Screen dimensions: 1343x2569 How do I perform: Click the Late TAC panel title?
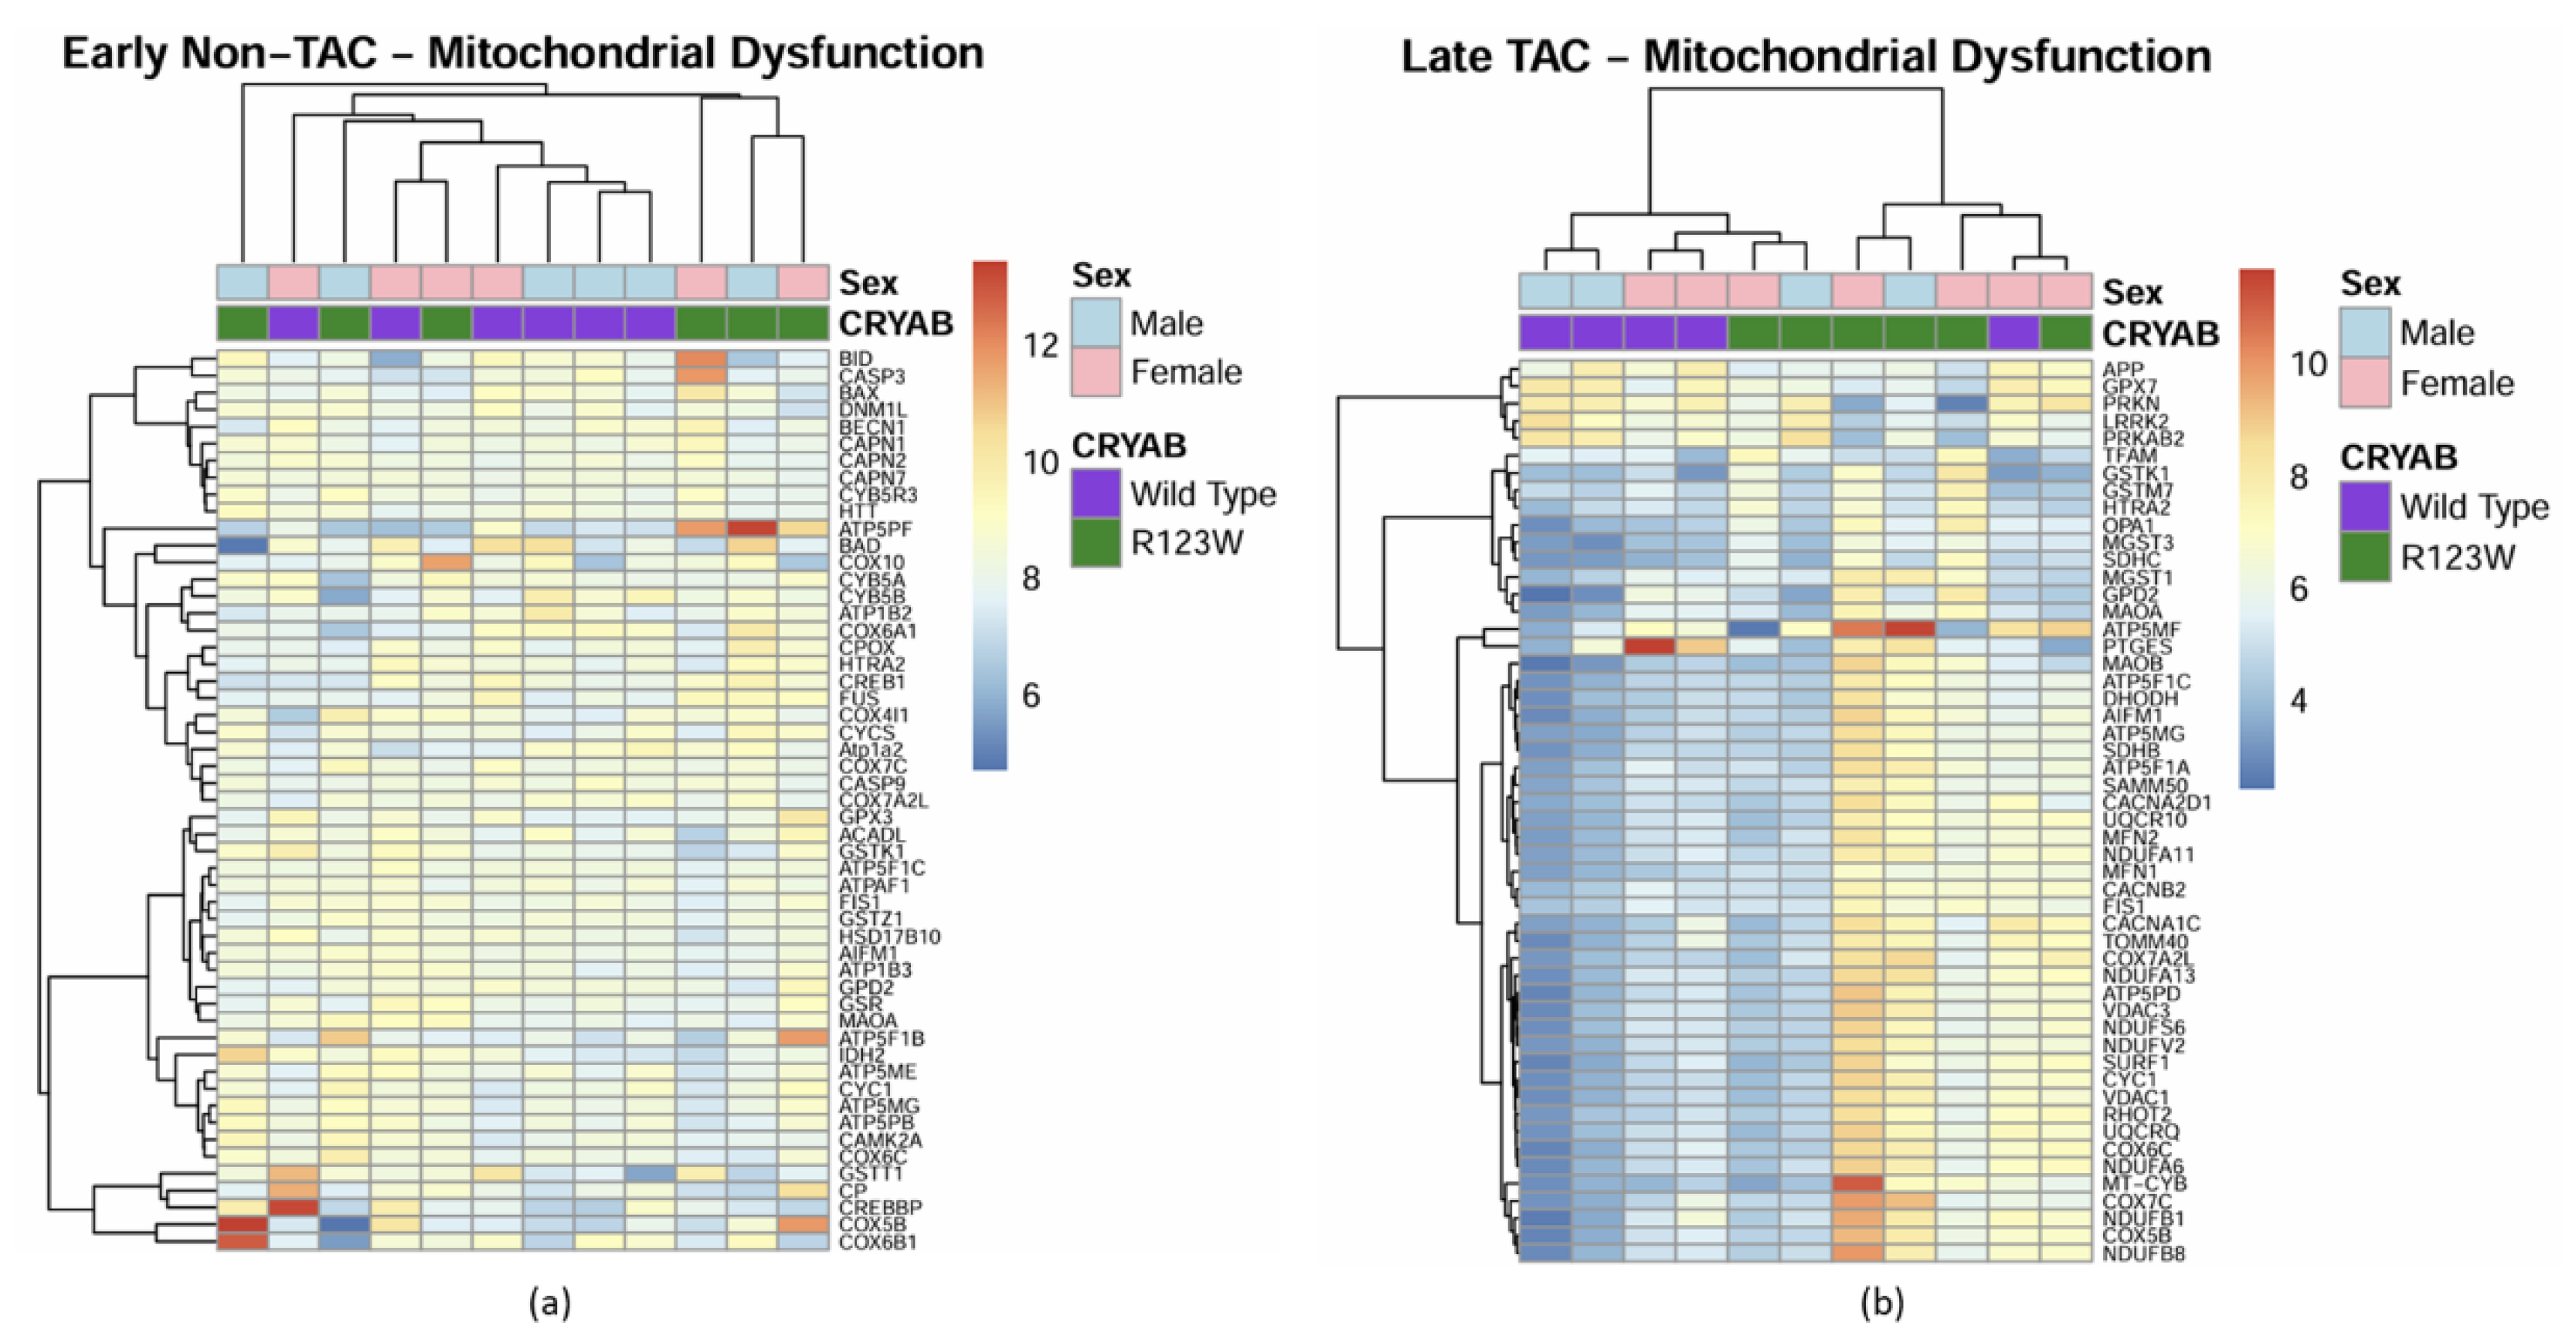[x=1805, y=56]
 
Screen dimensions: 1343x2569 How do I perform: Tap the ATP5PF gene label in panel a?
[x=875, y=528]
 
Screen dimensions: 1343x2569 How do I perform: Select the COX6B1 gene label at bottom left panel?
[x=877, y=1243]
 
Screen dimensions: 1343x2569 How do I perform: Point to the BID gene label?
[x=855, y=358]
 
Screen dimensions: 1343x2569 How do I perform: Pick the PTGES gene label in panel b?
[x=2136, y=647]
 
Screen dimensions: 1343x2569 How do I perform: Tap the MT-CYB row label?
[x=2144, y=1183]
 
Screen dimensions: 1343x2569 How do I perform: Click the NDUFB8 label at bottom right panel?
[x=2143, y=1253]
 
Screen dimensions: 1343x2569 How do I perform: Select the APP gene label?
[x=2122, y=370]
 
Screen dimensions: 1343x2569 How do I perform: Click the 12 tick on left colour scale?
[x=1040, y=346]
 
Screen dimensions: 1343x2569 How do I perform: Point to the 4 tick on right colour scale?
[x=2299, y=701]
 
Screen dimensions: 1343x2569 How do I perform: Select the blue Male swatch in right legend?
[x=2364, y=332]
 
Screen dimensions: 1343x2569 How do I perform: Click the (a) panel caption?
[x=549, y=1302]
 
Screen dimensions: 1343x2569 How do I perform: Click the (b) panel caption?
[x=1882, y=1303]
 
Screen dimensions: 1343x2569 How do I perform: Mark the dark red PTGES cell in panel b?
[x=1650, y=646]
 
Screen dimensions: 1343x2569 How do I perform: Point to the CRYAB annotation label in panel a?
[x=895, y=323]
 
